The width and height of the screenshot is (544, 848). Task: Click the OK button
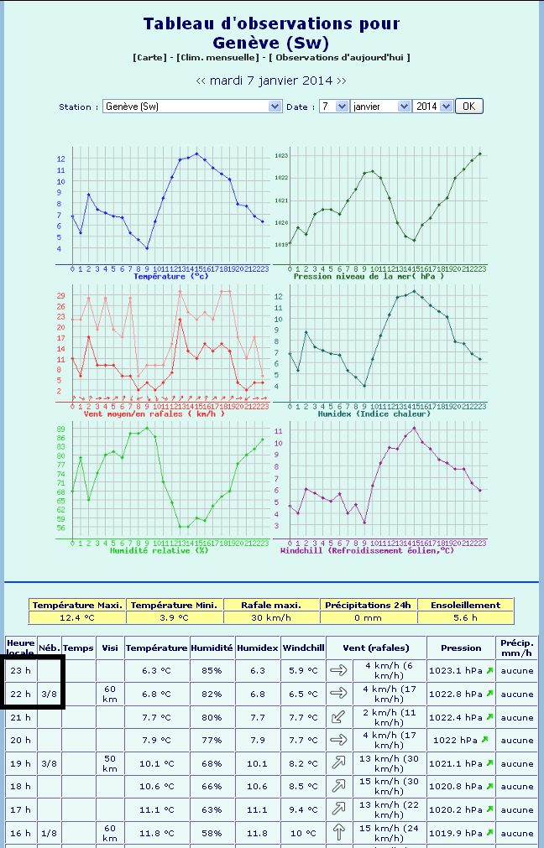click(469, 107)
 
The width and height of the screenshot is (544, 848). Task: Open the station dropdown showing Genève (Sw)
click(192, 107)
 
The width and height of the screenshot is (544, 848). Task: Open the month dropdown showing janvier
click(380, 107)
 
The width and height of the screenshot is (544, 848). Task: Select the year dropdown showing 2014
click(433, 107)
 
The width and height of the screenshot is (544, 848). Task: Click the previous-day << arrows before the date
click(201, 81)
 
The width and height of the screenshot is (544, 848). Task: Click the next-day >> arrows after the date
click(341, 81)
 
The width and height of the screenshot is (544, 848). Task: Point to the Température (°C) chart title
click(170, 276)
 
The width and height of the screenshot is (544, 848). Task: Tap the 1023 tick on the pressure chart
click(281, 156)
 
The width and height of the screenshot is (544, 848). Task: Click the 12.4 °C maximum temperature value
click(77, 617)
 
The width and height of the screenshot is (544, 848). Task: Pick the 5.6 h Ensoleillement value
click(465, 617)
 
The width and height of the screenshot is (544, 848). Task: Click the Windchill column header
click(303, 648)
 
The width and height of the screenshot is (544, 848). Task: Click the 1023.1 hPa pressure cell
click(457, 671)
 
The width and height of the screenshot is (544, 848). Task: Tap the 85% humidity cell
click(212, 671)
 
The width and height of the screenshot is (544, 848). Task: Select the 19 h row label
click(20, 763)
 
